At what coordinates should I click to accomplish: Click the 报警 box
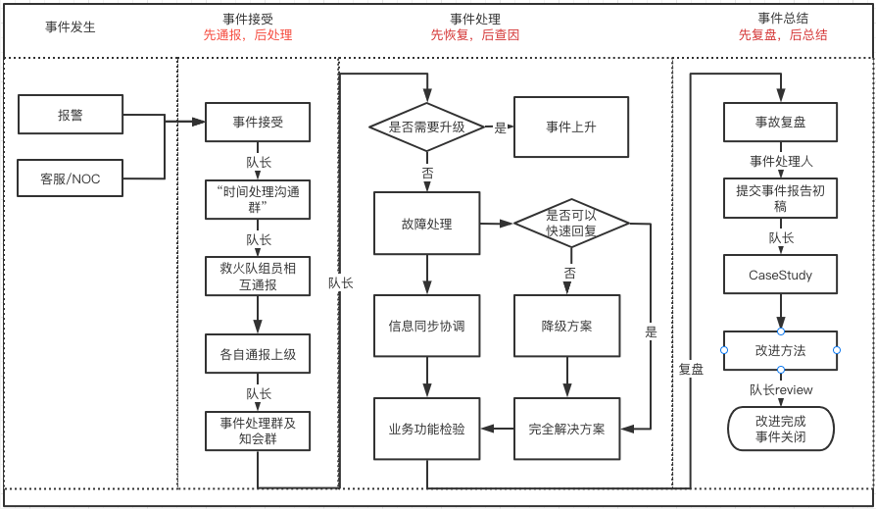point(71,115)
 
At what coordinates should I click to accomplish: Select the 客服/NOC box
point(71,179)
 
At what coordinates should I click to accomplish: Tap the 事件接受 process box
point(258,123)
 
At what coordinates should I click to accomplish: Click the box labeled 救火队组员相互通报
point(258,276)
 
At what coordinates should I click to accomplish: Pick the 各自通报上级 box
point(258,354)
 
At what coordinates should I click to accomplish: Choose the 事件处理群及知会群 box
point(258,431)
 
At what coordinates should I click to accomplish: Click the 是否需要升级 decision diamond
point(427,127)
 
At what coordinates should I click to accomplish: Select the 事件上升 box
point(571,127)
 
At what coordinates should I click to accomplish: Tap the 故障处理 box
point(426,224)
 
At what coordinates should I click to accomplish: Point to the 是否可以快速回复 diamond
point(571,224)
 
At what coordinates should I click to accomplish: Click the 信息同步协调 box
point(426,326)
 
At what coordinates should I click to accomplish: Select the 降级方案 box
point(566,326)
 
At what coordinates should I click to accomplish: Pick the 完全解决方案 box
point(567,429)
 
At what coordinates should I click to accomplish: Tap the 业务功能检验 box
point(426,429)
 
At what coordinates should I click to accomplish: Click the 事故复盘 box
point(780,123)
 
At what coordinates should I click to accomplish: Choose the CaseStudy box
point(780,275)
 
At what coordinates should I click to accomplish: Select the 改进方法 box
point(780,350)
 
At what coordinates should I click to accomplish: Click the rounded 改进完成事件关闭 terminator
point(780,429)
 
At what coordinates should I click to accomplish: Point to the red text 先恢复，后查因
point(474,35)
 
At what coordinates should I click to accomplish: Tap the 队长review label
point(781,389)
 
